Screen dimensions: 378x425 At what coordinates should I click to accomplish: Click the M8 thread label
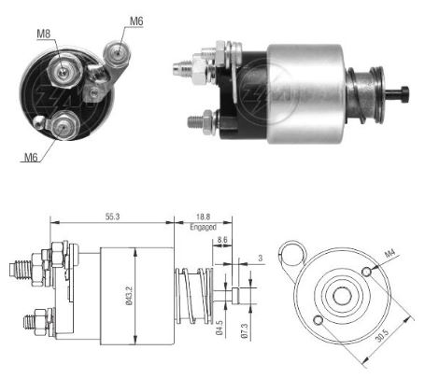coord(44,35)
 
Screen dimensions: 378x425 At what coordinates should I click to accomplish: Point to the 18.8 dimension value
coord(202,217)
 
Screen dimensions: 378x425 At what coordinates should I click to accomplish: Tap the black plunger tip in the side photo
coord(404,92)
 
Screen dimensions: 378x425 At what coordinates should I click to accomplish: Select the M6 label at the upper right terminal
coord(136,21)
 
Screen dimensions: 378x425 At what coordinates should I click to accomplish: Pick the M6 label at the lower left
coord(28,157)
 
